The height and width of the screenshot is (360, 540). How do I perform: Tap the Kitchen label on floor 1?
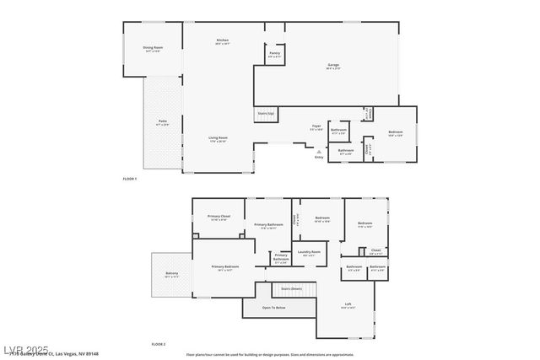[223, 41]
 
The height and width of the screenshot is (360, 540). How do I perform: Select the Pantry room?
[275, 54]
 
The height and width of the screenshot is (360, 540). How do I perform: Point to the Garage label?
[334, 66]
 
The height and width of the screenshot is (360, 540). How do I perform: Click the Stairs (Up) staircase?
[266, 114]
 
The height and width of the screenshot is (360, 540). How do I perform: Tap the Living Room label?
[219, 139]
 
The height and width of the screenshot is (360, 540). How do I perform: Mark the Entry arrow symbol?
[319, 152]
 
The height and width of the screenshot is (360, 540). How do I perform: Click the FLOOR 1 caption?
[130, 179]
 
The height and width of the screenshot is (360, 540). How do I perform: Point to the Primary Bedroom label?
[225, 267]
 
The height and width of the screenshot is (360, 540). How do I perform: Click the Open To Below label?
[273, 308]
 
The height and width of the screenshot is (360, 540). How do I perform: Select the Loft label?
[348, 305]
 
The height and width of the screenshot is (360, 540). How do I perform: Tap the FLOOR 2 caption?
[159, 344]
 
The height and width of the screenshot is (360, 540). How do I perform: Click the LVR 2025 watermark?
[25, 350]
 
